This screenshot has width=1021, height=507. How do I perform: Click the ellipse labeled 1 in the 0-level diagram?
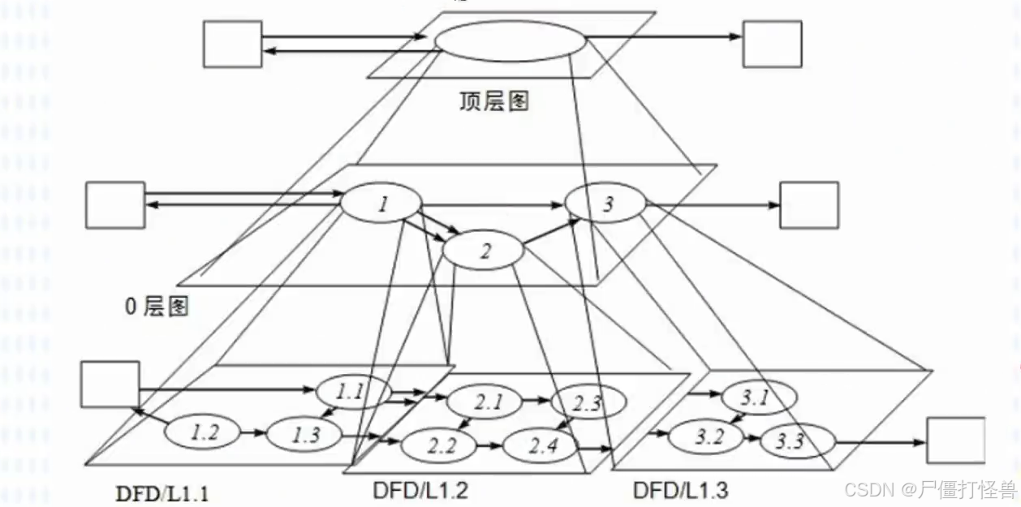tap(381, 204)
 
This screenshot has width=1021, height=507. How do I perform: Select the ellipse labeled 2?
tap(485, 251)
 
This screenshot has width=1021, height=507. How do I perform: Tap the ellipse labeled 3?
tap(607, 204)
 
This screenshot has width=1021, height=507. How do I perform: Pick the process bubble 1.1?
tap(351, 393)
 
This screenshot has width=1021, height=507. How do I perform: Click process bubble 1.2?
tap(205, 432)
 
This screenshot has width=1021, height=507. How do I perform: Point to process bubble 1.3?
tap(305, 435)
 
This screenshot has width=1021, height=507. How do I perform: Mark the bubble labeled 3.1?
tap(756, 397)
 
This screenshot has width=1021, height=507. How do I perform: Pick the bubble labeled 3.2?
tap(709, 437)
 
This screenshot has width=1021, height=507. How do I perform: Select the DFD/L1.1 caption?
tap(162, 492)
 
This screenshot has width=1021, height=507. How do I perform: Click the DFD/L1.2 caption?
tap(420, 490)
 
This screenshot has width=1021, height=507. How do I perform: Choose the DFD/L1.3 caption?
tap(681, 490)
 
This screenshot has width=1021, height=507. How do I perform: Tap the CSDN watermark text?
tap(929, 489)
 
